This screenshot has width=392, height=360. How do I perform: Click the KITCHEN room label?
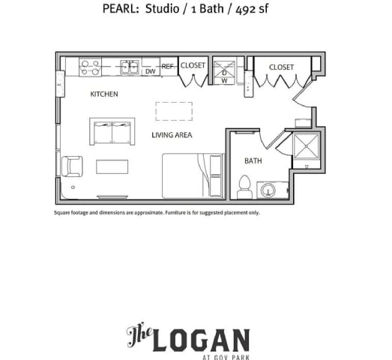103,94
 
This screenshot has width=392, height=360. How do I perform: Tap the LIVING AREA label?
172,135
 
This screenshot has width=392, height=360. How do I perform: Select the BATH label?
253,160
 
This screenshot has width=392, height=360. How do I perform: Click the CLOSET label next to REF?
193,66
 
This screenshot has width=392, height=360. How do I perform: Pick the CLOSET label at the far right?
282,67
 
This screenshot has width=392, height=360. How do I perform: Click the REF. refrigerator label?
168,67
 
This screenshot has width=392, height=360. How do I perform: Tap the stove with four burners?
91,68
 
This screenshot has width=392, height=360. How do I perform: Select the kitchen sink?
130,67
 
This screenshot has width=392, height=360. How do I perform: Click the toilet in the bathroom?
244,187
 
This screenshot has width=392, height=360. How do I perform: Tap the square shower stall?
307,146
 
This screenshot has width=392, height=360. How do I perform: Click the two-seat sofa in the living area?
112,132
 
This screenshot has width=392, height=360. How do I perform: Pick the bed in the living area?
193,175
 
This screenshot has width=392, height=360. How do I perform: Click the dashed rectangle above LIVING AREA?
173,111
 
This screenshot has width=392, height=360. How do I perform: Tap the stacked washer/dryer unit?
224,70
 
